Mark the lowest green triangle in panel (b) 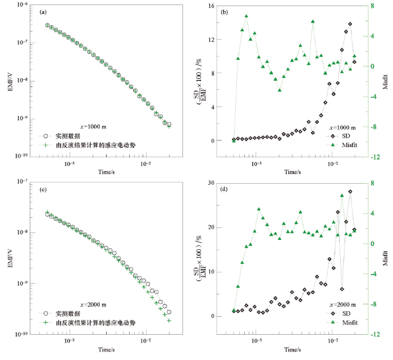click(x=234, y=140)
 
